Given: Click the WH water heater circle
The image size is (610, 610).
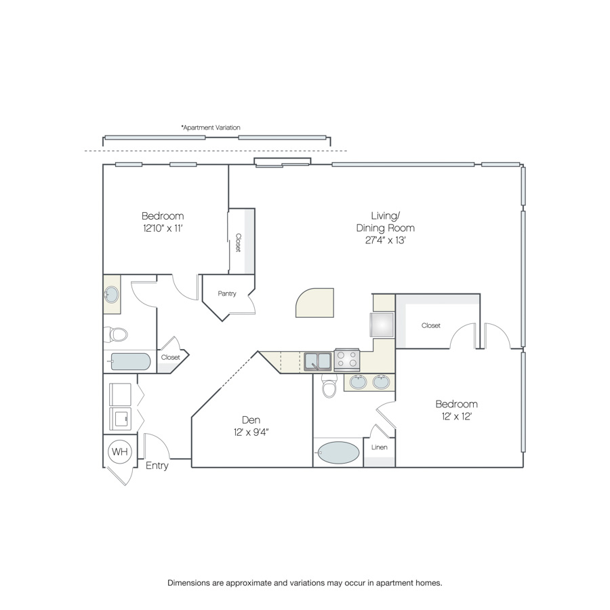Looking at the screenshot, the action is click(120, 451).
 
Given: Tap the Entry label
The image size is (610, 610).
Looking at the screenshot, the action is click(157, 466).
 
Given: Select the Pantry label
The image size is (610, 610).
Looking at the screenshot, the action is click(227, 293).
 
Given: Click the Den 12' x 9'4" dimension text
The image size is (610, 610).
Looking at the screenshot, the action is click(251, 432).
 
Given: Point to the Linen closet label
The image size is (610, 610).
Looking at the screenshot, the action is click(380, 447).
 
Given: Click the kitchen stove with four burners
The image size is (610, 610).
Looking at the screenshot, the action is click(347, 359).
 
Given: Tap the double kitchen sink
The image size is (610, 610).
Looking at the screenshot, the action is click(318, 361).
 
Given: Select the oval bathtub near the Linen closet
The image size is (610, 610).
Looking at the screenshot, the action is click(338, 453).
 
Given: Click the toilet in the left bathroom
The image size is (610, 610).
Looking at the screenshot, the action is click(115, 334).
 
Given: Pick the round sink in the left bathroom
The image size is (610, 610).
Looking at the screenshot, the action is click(112, 295).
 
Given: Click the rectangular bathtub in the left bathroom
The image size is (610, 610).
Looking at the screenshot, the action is click(130, 362).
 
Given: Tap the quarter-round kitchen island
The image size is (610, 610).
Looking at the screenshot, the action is click(314, 303).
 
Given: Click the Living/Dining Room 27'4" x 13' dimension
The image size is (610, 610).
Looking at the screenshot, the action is click(386, 241).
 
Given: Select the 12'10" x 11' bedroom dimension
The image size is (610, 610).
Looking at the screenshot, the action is click(163, 228).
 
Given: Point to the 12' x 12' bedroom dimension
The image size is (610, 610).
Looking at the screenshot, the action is click(457, 417).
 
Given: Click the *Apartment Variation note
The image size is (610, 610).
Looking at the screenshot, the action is click(211, 127).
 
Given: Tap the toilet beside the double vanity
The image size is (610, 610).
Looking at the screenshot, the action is click(329, 386).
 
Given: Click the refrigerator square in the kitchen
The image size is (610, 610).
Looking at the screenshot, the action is click(382, 325).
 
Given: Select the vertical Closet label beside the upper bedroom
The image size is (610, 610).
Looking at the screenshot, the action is click(238, 243).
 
